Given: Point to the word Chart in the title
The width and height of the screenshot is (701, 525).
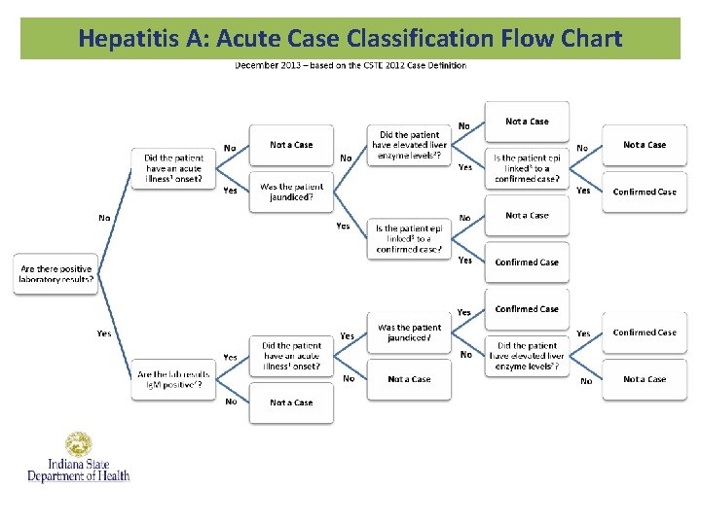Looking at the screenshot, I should pyautogui.click(x=588, y=39).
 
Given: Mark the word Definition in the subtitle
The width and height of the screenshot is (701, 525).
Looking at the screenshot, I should pyautogui.click(x=447, y=66).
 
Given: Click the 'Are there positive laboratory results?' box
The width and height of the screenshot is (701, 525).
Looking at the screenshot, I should pyautogui.click(x=55, y=275).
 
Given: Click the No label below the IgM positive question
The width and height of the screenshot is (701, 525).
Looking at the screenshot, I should pyautogui.click(x=231, y=401).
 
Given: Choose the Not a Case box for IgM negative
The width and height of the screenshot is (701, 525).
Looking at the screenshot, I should pyautogui.click(x=291, y=402).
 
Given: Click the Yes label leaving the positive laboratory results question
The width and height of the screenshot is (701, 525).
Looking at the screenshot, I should pyautogui.click(x=104, y=333).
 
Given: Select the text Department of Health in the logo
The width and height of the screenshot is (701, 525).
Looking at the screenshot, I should pyautogui.click(x=78, y=476).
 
